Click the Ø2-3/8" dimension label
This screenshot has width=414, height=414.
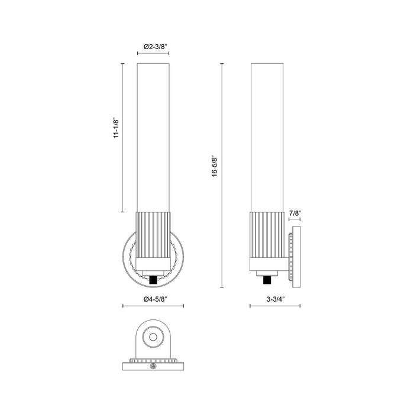(x=153, y=46)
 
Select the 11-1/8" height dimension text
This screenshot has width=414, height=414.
(x=117, y=128)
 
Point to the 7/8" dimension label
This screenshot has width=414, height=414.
(x=295, y=212)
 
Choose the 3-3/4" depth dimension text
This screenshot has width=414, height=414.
(x=275, y=299)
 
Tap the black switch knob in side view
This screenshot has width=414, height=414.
(x=267, y=279)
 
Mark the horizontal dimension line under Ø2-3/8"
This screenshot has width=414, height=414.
(x=153, y=53)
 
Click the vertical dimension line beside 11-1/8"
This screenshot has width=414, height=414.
(x=122, y=137)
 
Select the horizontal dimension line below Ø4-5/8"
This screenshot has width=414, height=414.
(x=153, y=306)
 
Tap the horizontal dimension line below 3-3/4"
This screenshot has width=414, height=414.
(x=276, y=306)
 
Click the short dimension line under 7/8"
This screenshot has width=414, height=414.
(x=295, y=219)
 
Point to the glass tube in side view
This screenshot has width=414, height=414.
(x=267, y=136)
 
